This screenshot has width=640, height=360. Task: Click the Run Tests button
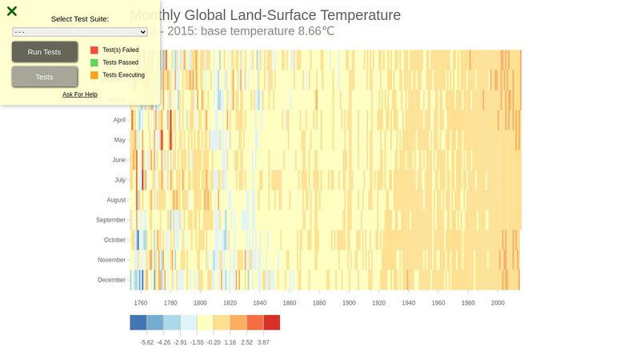point(45,52)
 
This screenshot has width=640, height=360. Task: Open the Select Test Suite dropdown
point(80,32)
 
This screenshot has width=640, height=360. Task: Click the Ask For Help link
point(80,94)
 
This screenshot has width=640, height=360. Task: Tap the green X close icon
point(12,11)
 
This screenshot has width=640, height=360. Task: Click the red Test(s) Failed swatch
point(94,50)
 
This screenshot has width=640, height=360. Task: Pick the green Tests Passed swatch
point(94,62)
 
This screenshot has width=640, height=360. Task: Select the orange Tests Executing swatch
point(94,75)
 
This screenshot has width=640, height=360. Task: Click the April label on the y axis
point(119,120)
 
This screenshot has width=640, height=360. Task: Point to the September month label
point(111,220)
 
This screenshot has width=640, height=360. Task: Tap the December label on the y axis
point(112,280)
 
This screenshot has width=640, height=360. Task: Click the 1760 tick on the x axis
point(141,303)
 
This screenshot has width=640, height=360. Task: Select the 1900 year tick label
point(349,303)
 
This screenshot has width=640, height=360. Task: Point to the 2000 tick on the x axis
point(498,303)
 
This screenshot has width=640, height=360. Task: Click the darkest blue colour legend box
point(138,322)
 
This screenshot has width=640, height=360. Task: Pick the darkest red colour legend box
point(272,322)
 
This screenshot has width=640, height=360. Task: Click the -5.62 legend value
point(146,342)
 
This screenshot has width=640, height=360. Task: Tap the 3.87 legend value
point(264,342)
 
